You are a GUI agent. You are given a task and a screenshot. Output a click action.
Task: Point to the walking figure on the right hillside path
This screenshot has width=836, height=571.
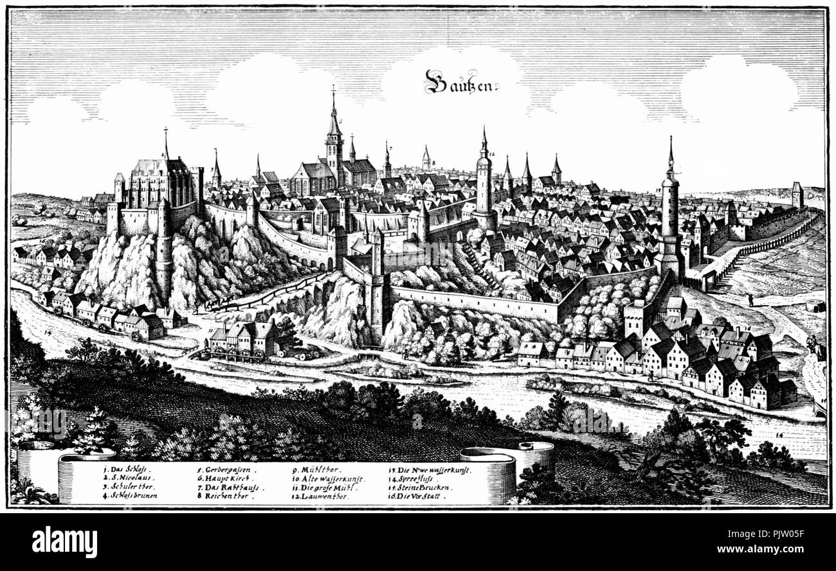(x=750, y=300)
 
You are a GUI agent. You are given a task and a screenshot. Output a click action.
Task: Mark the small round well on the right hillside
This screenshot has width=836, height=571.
(x=815, y=305)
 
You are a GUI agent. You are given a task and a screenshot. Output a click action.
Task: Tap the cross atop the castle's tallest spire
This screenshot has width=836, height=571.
(x=165, y=132)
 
